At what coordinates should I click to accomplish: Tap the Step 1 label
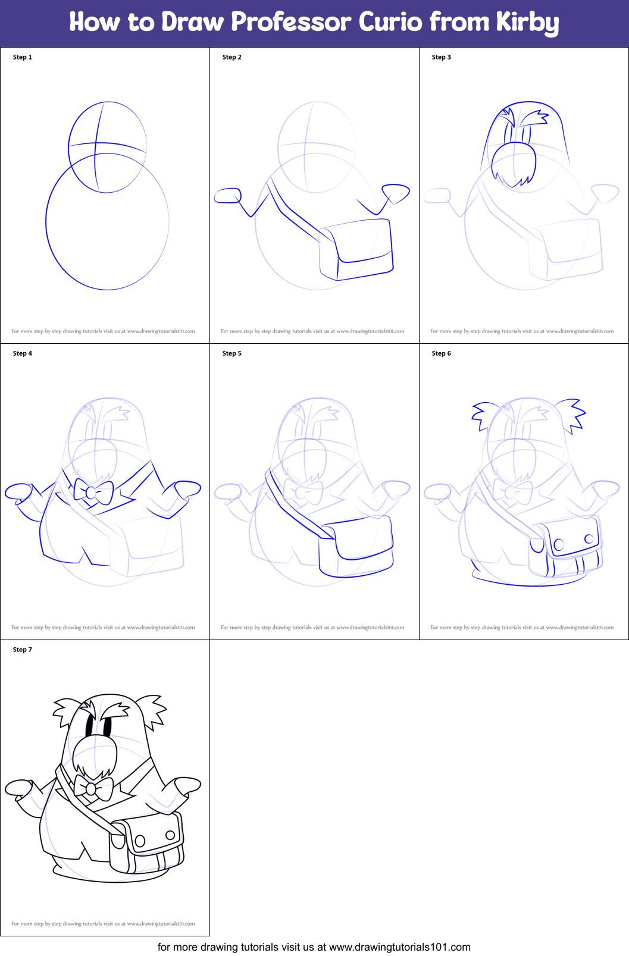coord(23,57)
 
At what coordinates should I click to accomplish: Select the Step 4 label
coord(23,353)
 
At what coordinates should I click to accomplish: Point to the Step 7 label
coord(23,650)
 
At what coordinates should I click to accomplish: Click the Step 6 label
coord(442,353)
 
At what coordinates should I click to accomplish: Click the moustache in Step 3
coord(514,164)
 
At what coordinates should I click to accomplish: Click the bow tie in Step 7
coord(92,789)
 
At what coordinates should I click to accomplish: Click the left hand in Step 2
coord(228,196)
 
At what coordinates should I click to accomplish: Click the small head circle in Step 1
coord(107,147)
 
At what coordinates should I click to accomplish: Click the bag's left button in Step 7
coord(140,841)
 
